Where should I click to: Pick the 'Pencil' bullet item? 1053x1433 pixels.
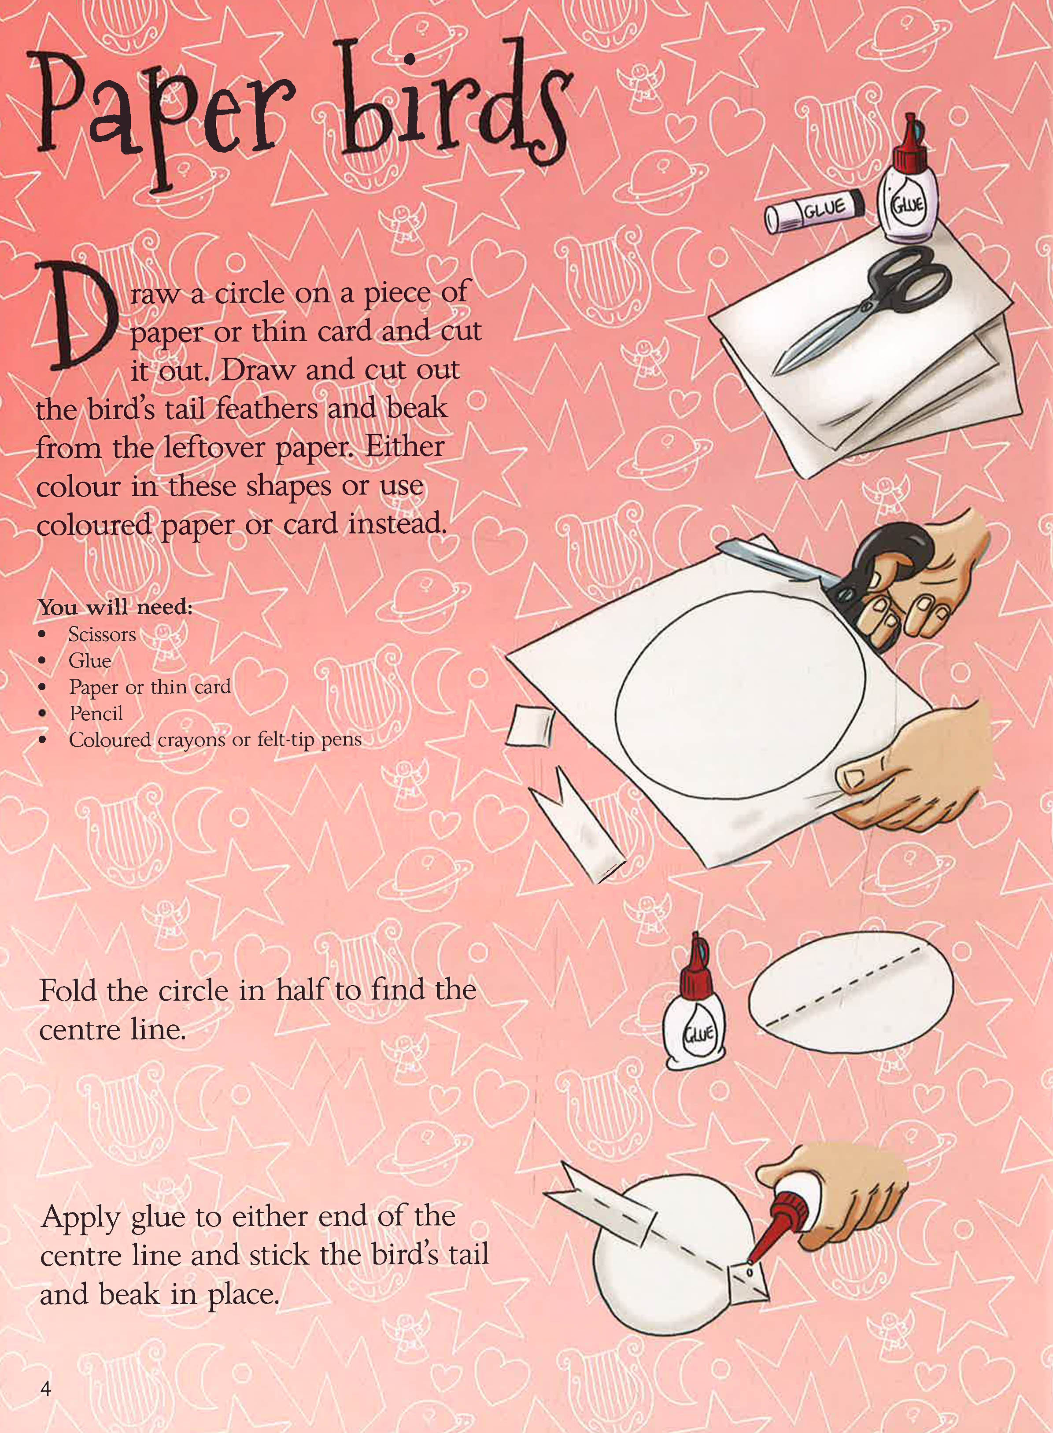[96, 713]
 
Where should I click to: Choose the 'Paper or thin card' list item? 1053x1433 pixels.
[150, 687]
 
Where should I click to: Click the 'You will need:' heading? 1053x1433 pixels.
[115, 607]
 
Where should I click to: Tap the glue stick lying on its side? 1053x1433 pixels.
[815, 208]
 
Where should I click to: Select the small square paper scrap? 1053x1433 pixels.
[530, 726]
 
